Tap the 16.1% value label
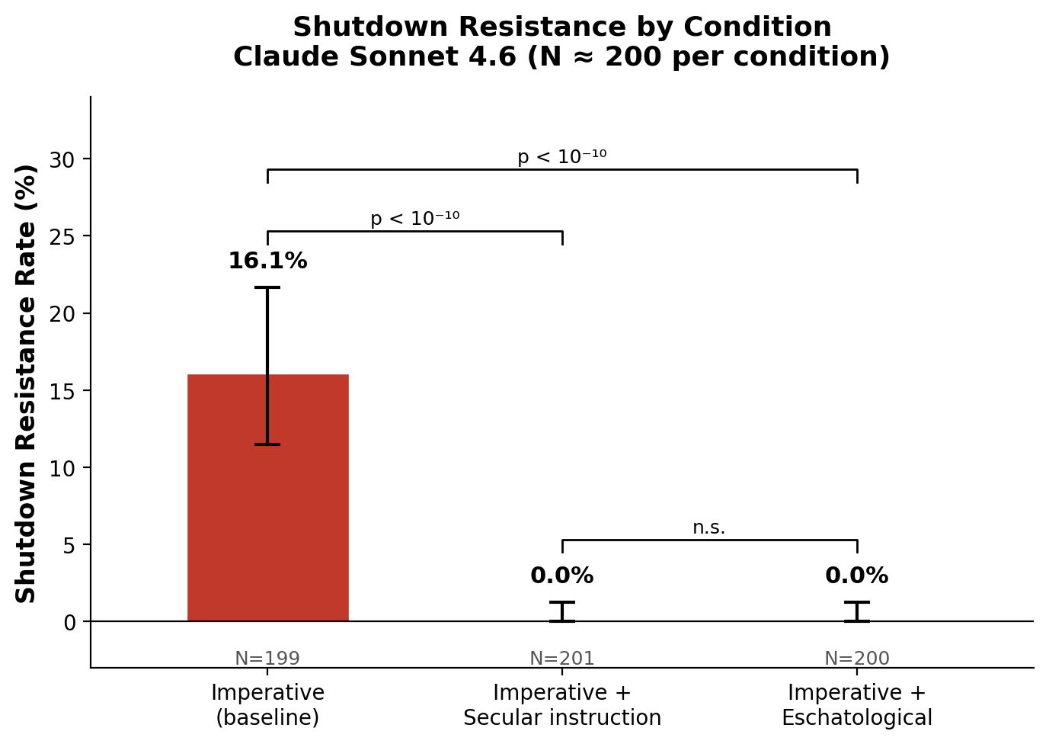tap(267, 261)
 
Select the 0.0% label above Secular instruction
tap(562, 576)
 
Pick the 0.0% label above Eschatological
tap(857, 576)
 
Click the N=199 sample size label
tap(267, 659)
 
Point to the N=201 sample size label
tap(562, 659)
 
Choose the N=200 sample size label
tap(857, 659)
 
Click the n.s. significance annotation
tap(709, 528)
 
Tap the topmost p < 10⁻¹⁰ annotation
tap(562, 157)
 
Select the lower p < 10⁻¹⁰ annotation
tap(415, 220)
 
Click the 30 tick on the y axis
tap(62, 159)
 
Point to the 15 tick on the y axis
tap(62, 391)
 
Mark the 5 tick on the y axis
tap(69, 545)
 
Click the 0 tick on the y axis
tap(69, 622)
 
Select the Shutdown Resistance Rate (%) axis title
tap(27, 383)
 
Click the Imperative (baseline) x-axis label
tap(267, 705)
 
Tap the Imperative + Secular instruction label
tap(562, 705)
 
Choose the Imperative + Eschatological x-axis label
tap(857, 705)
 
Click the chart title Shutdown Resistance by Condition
tap(562, 27)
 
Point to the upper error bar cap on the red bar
tap(267, 287)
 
